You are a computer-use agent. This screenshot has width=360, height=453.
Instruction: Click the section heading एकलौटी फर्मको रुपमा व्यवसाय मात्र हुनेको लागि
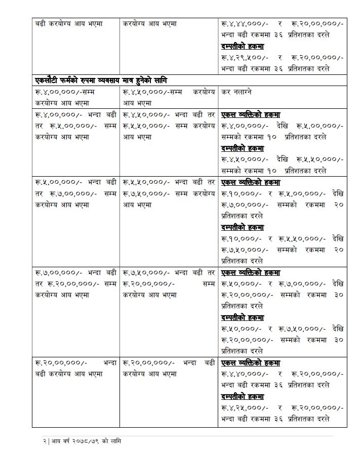(x=101, y=80)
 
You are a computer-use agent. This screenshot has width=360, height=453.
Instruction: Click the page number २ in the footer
(x=45, y=441)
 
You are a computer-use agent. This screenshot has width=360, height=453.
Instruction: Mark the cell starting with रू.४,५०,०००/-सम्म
(x=169, y=97)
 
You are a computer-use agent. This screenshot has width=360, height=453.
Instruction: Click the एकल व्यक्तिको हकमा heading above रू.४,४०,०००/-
(x=251, y=363)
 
